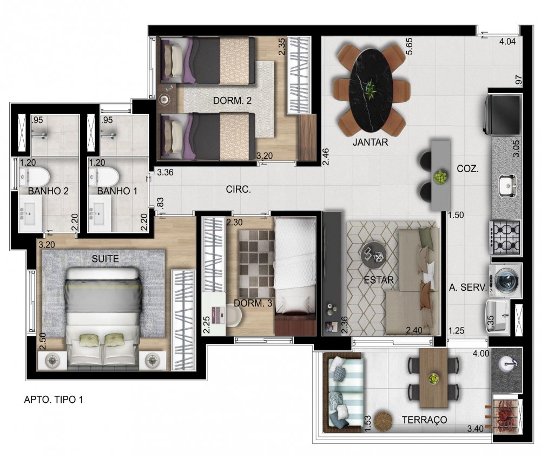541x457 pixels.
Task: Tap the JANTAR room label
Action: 370,142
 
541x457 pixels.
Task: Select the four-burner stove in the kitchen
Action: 504,237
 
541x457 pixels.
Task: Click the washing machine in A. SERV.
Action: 505,280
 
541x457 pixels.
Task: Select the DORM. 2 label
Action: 232,101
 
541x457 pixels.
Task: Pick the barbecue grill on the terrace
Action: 504,413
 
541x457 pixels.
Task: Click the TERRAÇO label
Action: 424,420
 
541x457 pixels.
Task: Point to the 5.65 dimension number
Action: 409,46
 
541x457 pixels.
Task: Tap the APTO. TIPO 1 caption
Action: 54,400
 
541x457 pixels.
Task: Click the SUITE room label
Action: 105,259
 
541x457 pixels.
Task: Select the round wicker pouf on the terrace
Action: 383,420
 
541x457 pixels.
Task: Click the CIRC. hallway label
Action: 239,190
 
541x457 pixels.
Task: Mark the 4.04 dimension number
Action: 507,42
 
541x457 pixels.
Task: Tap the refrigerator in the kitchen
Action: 503,115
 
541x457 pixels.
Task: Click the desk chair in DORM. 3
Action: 234,315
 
